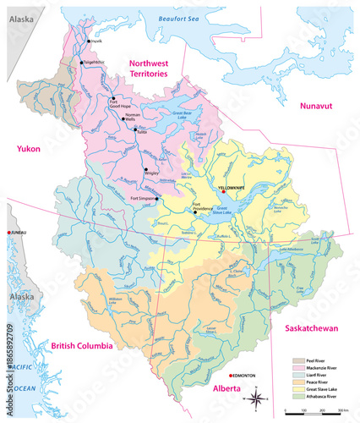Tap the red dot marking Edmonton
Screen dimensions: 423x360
point(232,376)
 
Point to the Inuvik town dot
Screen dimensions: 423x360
point(89,39)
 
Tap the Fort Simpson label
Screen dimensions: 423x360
point(142,199)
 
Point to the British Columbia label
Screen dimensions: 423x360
point(75,347)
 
